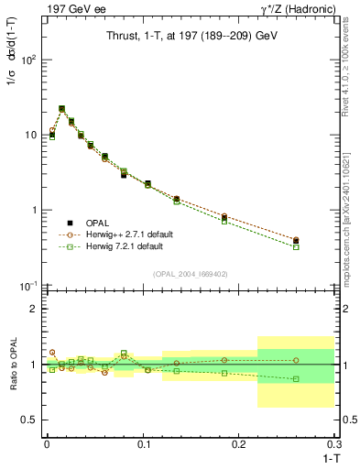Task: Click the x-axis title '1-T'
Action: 327,457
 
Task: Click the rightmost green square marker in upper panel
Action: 296,247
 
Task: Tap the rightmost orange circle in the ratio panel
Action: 296,360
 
